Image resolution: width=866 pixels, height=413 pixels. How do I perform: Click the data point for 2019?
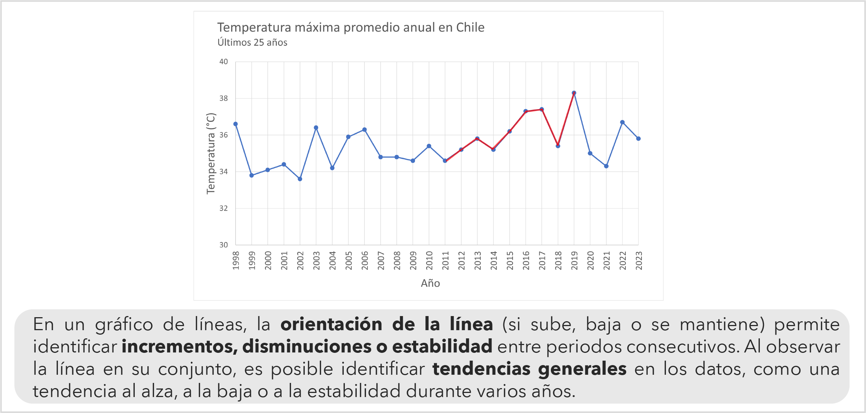coord(574,93)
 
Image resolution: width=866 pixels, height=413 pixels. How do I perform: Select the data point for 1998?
coord(235,124)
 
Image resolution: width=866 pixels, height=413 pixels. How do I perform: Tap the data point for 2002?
coord(300,179)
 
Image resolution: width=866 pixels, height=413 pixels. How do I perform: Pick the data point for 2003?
coord(316,128)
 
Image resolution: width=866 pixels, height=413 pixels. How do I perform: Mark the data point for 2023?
coord(638,139)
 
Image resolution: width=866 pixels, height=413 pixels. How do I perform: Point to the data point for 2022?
coord(622,122)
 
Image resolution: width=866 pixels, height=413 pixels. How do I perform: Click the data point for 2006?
coord(365,130)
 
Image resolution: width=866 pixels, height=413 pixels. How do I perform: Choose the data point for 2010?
coord(429,146)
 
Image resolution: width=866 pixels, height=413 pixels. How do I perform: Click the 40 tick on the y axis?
coord(223,62)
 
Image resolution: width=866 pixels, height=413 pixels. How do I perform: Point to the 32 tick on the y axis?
coord(223,208)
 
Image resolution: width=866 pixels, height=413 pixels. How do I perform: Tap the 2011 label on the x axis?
coord(445,260)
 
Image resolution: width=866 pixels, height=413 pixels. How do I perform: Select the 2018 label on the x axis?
coord(558,260)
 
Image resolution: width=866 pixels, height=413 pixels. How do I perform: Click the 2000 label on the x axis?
coord(268,260)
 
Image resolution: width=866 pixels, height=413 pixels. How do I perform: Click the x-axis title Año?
coord(430,283)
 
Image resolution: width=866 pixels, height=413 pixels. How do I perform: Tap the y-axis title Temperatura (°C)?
coord(211,153)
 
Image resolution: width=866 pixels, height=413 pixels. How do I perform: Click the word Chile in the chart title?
coord(470,27)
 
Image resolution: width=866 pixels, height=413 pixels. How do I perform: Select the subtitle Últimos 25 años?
coord(252,43)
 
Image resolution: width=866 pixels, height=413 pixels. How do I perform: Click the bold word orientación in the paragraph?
coord(331,324)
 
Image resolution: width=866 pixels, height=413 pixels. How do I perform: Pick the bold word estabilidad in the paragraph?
coord(442,347)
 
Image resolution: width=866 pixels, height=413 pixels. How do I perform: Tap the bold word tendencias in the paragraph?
coord(482,369)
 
